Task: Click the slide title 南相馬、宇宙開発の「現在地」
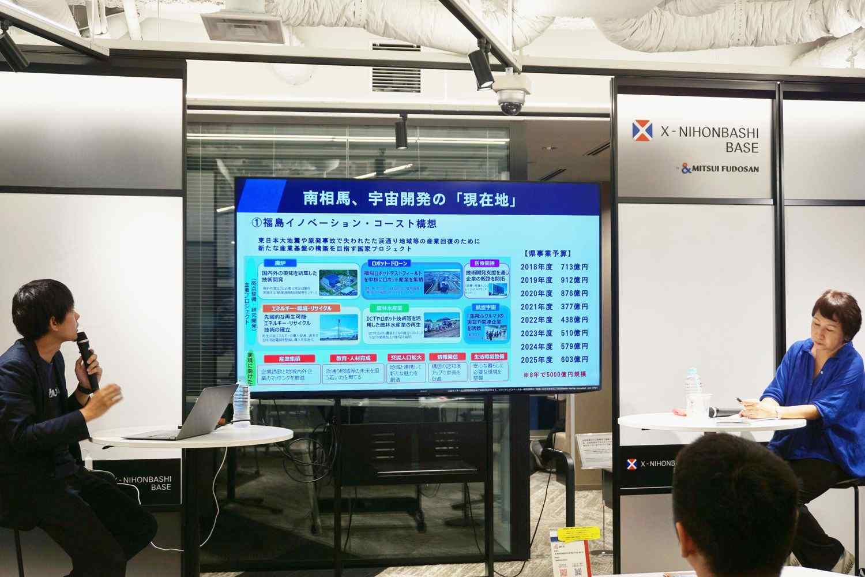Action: coord(409,198)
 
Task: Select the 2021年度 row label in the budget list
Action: coord(536,307)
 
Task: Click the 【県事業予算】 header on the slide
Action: coord(546,253)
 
